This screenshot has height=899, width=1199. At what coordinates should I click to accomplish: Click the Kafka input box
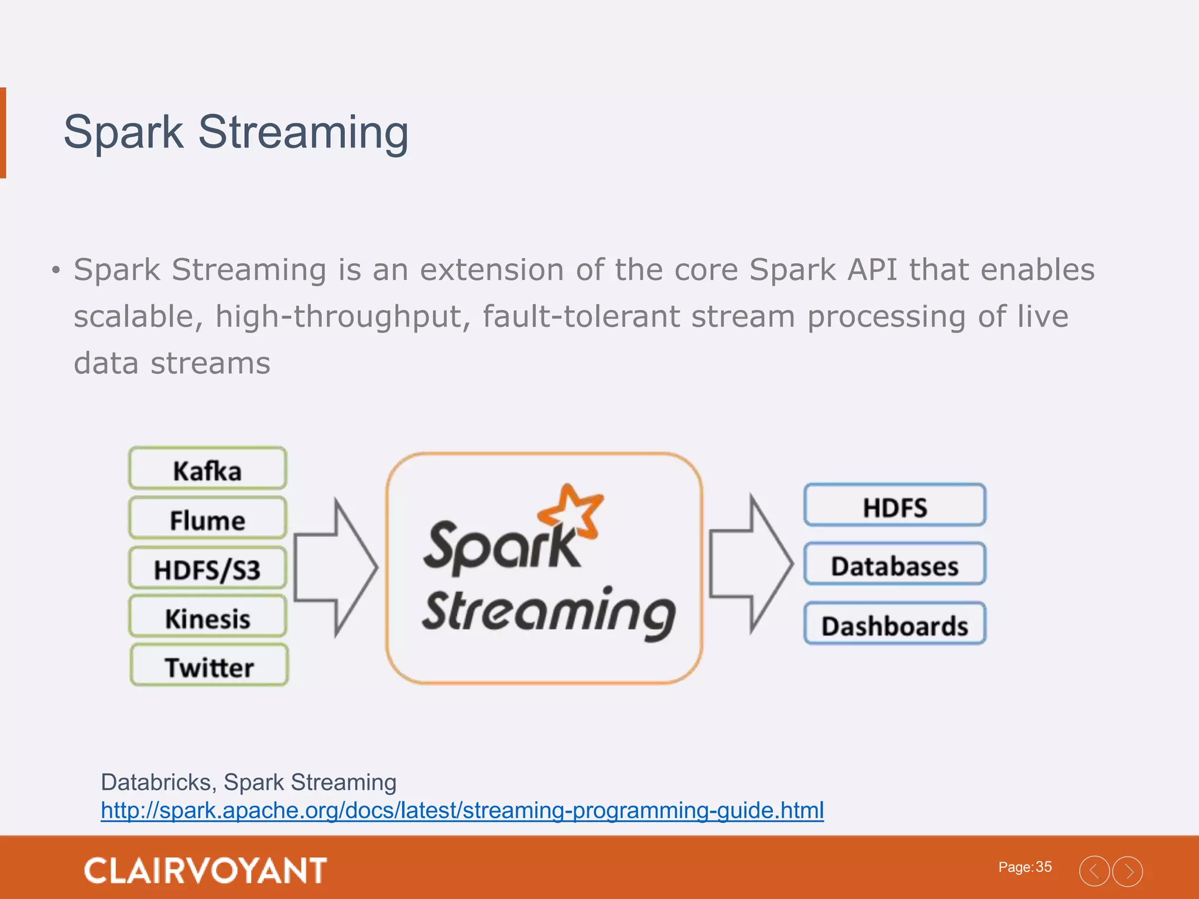pos(208,469)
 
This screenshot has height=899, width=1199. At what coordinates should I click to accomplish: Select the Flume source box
pos(208,519)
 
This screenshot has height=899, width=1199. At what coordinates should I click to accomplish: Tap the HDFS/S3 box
pos(208,568)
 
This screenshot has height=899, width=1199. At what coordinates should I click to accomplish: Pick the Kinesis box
pos(208,617)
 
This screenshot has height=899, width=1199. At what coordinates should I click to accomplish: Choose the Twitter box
pos(209,666)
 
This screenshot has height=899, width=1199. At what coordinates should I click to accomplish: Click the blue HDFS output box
pos(895,506)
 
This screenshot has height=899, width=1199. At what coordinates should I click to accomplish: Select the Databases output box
pos(895,565)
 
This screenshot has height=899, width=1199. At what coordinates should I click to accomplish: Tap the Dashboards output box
pos(895,625)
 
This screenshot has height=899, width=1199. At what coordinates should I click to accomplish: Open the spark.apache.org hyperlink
pos(462,811)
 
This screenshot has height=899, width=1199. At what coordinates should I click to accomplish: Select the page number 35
pos(1044,867)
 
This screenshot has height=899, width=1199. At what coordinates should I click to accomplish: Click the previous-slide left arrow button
pos(1094,871)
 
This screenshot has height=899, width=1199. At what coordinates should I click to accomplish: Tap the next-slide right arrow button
pos(1128,871)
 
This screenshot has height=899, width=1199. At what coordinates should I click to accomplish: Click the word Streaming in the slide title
pos(303,133)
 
